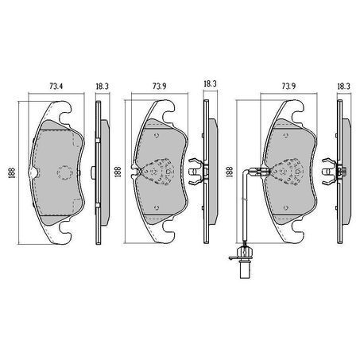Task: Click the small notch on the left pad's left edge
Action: click(30, 172)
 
